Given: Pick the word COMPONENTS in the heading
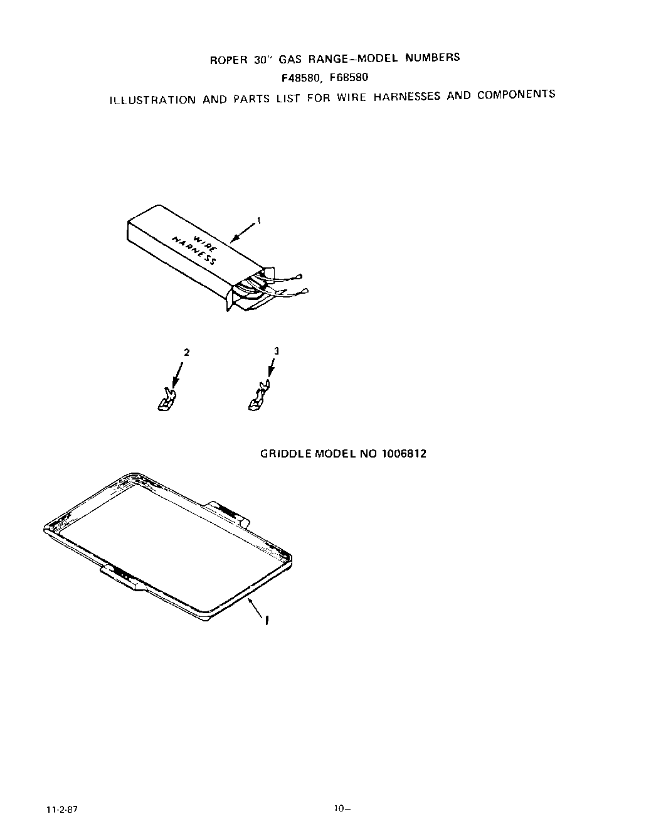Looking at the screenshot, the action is [x=516, y=95].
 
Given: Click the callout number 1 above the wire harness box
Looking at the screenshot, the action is [x=259, y=220].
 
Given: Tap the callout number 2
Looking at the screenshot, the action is [x=185, y=352].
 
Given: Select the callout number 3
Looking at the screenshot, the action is [x=276, y=351].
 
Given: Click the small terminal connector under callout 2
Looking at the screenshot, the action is [x=166, y=399].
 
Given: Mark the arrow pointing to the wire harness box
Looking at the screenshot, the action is [x=243, y=231].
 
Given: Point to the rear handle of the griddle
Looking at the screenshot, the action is [x=230, y=512].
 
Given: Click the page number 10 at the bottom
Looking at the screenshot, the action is [x=341, y=808].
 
